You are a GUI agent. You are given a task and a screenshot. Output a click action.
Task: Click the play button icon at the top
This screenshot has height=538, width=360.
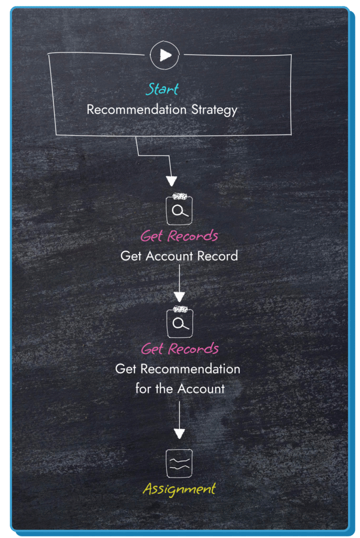tap(165, 55)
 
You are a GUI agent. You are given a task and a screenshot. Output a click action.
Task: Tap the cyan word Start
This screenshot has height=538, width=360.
tap(162, 89)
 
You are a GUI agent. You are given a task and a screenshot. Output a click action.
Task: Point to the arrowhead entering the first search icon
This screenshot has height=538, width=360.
tap(171, 182)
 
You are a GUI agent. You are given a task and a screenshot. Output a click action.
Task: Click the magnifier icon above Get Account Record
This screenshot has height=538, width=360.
tap(179, 211)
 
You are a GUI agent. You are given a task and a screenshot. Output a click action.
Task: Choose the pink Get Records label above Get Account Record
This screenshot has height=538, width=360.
tap(179, 236)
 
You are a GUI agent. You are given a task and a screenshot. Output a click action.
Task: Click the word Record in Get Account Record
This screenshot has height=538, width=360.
tap(217, 256)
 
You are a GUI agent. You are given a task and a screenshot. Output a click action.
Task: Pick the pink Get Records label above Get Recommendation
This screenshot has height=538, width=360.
tap(180, 349)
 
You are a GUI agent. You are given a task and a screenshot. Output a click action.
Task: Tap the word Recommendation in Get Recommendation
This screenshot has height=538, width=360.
tap(190, 369)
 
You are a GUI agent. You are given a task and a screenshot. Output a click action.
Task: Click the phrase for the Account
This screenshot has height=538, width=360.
tap(180, 389)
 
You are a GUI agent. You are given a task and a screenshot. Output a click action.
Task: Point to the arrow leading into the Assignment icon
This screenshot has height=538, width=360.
tap(179, 420)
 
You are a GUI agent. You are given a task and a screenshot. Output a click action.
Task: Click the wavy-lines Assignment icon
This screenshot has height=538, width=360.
tap(179, 463)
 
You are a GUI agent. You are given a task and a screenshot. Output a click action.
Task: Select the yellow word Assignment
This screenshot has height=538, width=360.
tap(179, 490)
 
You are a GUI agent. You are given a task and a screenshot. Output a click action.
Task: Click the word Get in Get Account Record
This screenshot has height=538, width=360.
tap(131, 256)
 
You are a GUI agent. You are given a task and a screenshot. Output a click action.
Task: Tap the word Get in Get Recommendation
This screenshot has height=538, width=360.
tap(126, 369)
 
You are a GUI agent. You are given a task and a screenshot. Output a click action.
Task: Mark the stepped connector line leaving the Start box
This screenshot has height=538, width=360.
tap(152, 156)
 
